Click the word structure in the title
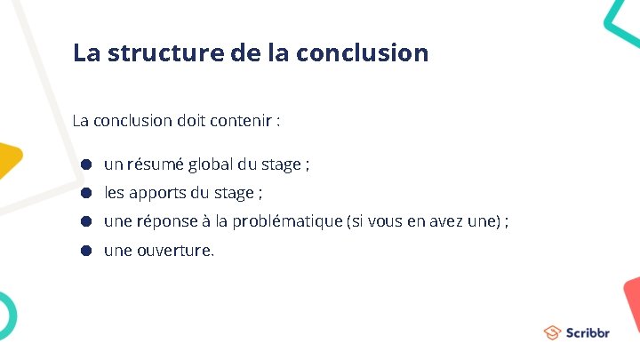point(165,52)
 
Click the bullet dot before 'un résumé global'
point(86,164)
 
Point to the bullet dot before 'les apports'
point(86,193)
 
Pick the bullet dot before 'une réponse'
point(86,221)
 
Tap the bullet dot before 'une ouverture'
point(86,250)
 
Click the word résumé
point(156,164)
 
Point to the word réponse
point(169,221)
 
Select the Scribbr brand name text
point(588,333)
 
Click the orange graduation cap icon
point(553,333)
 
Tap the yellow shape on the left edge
point(9,160)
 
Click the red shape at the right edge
point(632,302)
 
